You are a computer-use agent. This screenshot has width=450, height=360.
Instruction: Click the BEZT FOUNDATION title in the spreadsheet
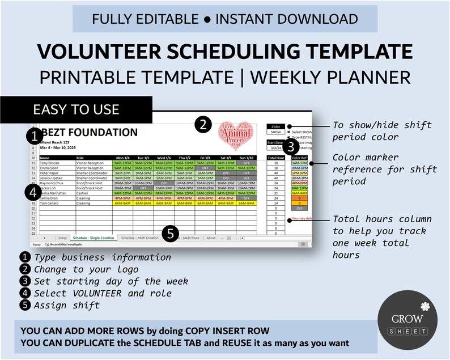click(88, 133)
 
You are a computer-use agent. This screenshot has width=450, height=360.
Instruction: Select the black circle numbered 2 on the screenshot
click(203, 124)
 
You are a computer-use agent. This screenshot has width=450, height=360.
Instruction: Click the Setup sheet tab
click(62, 238)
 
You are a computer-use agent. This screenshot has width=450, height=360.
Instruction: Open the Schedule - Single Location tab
click(92, 238)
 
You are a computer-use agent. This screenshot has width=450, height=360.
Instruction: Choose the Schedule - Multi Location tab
click(139, 238)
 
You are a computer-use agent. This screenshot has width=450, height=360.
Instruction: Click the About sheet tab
click(211, 238)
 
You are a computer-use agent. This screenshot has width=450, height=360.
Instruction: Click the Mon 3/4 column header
click(122, 158)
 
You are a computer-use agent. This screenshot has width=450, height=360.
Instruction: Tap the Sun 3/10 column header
click(247, 158)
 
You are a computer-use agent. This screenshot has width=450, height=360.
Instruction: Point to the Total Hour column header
click(275, 158)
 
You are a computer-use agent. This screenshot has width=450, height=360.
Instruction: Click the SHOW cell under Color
click(275, 132)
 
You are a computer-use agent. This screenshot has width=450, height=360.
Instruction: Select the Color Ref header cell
click(299, 158)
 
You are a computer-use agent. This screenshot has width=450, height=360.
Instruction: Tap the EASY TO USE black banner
click(76, 109)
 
